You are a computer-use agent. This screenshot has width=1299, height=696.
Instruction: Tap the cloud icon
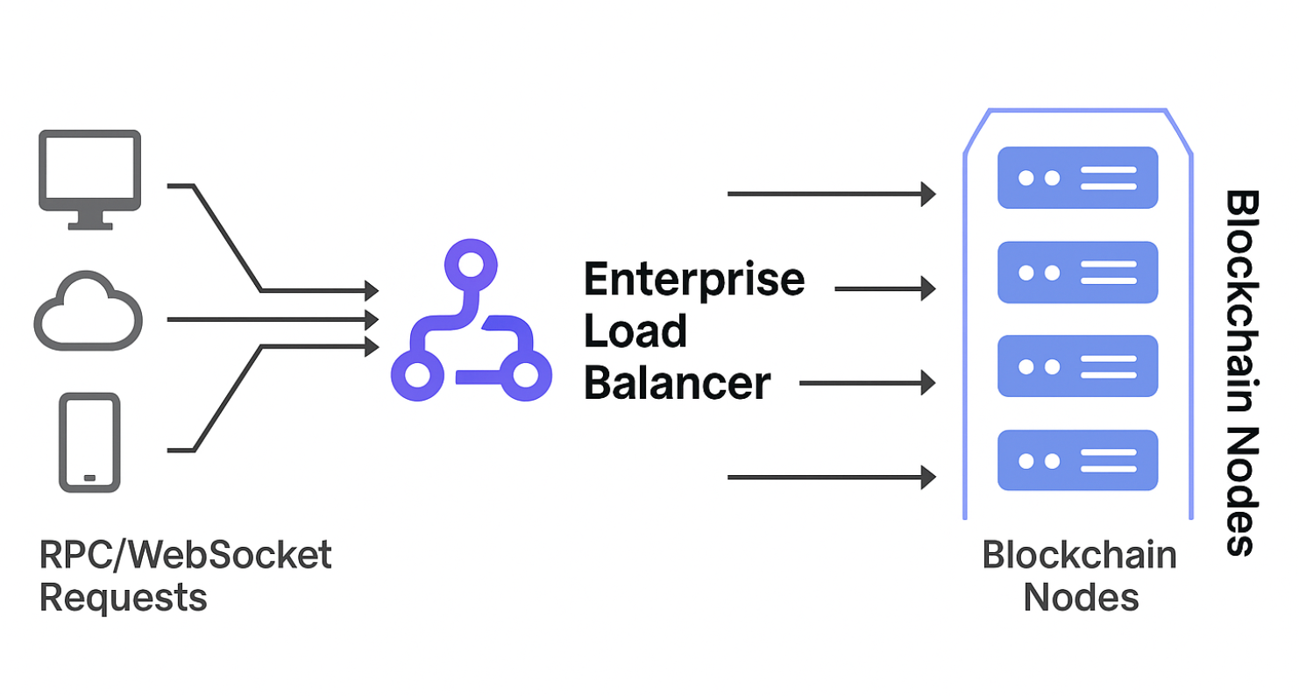point(88,313)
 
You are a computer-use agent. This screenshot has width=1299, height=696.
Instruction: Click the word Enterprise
point(693,280)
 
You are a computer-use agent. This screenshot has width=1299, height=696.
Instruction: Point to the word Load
point(635,331)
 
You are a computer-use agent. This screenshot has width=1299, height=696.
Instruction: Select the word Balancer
point(677,383)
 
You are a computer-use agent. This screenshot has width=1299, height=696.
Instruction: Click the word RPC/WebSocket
point(186,556)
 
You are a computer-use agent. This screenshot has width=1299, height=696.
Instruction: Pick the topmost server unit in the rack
point(1078,178)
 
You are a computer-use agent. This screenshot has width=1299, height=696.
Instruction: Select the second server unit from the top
point(1078,273)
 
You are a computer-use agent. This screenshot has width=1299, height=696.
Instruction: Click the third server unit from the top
point(1078,366)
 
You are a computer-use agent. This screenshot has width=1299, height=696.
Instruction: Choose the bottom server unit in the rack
point(1078,460)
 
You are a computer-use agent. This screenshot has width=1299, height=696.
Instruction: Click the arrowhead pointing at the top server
point(928,193)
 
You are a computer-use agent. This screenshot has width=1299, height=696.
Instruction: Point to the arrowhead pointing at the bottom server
point(928,478)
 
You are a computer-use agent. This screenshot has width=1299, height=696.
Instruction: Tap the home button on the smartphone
point(89,478)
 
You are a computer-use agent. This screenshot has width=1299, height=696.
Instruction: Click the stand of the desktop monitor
point(89,220)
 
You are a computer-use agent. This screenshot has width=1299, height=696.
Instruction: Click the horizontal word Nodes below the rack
point(1081,598)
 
